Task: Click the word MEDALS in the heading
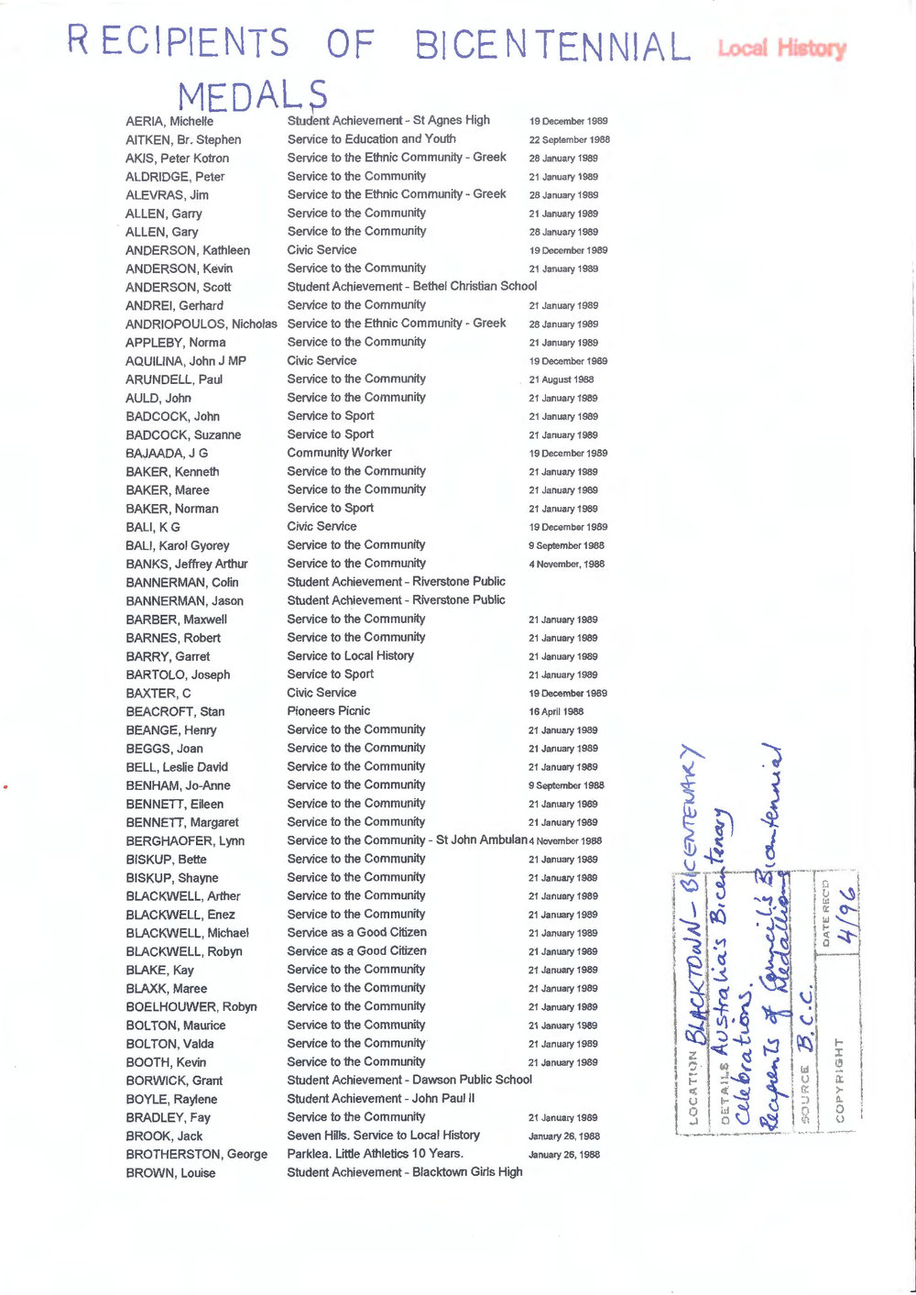click(x=252, y=95)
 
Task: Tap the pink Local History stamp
click(x=781, y=48)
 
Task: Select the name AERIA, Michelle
click(x=169, y=121)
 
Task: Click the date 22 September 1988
click(x=569, y=140)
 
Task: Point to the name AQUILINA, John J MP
click(x=186, y=361)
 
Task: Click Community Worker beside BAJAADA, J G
click(x=339, y=453)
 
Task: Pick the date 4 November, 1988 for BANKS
click(x=566, y=565)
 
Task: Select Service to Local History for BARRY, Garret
click(x=350, y=656)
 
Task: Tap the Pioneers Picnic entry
click(x=328, y=711)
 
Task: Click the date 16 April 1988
click(x=555, y=712)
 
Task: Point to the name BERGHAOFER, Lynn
click(x=185, y=841)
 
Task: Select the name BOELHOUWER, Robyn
click(x=191, y=1007)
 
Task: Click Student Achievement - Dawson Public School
click(x=409, y=1081)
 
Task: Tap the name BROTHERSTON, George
click(x=197, y=1155)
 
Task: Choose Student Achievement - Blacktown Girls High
click(x=405, y=1172)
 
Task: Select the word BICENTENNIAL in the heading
click(x=551, y=46)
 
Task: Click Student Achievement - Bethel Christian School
click(x=412, y=287)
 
